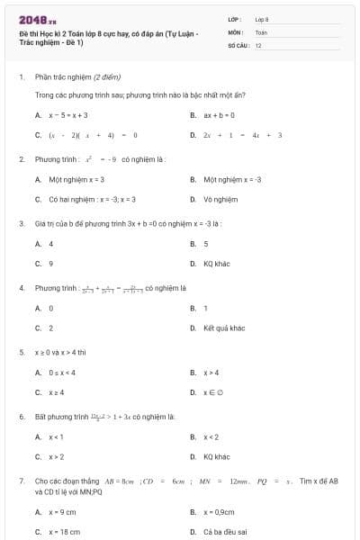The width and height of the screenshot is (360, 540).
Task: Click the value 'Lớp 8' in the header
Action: pyautogui.click(x=262, y=18)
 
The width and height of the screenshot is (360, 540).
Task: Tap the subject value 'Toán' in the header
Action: pyautogui.click(x=261, y=31)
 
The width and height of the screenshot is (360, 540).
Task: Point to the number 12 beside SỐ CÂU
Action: pyautogui.click(x=258, y=44)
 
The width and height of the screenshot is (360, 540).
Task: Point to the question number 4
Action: pyautogui.click(x=21, y=288)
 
